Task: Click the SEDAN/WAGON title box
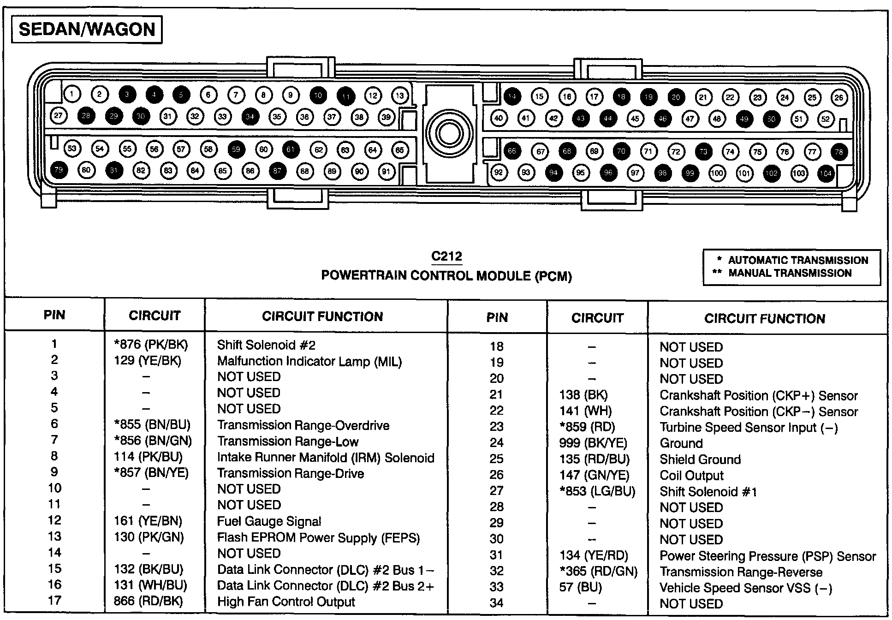[x=87, y=30]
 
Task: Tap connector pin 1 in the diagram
[x=72, y=94]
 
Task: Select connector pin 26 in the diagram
[x=839, y=97]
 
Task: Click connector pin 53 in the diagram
[x=72, y=148]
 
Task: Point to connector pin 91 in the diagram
[x=387, y=172]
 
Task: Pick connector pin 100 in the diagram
[x=717, y=173]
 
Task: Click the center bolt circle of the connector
[x=449, y=134]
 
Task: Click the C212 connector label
[x=446, y=256]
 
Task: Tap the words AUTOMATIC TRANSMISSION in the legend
[x=798, y=260]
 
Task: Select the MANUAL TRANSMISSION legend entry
[x=790, y=273]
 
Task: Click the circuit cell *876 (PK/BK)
[x=151, y=345]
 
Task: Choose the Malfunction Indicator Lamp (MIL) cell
[x=309, y=361]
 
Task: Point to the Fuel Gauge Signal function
[x=269, y=521]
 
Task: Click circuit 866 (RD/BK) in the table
[x=148, y=601]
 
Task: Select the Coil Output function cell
[x=691, y=476]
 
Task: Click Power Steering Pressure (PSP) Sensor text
[x=767, y=556]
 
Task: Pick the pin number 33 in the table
[x=497, y=587]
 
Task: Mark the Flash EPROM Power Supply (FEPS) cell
[x=318, y=538]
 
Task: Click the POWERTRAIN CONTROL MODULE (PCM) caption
[x=446, y=276]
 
